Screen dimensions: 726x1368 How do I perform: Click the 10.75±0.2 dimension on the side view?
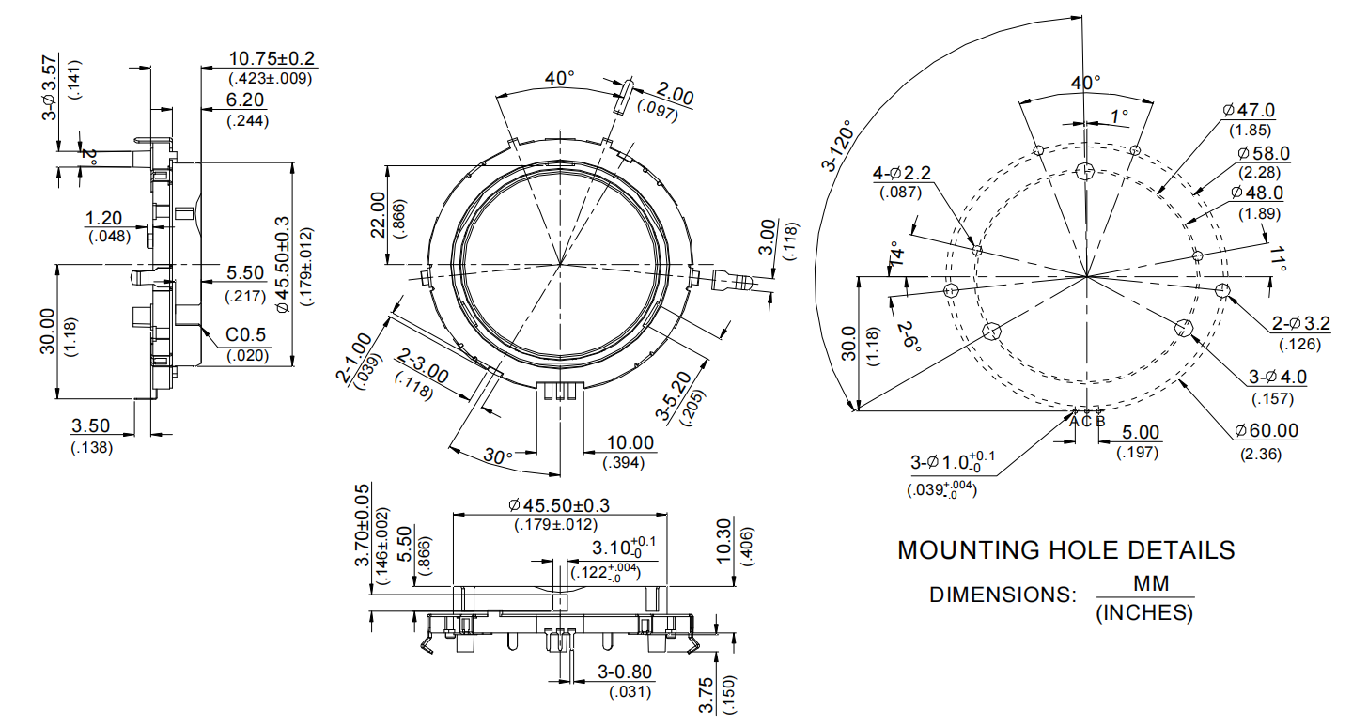(x=272, y=59)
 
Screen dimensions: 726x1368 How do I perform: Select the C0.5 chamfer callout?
(x=247, y=335)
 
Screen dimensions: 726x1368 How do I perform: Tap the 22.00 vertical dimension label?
(x=378, y=215)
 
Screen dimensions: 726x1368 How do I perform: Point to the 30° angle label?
(x=498, y=456)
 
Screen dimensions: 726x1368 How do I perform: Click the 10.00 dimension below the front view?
(x=629, y=442)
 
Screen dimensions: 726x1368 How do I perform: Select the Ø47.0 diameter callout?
(x=1249, y=111)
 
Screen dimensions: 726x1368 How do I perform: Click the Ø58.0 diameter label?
(x=1264, y=153)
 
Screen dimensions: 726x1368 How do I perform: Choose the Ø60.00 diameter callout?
(x=1267, y=431)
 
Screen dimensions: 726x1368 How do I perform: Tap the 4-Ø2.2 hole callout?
(x=901, y=173)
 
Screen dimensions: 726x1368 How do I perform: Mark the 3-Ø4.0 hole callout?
(x=1277, y=378)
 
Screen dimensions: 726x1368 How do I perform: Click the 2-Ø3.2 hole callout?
(x=1301, y=324)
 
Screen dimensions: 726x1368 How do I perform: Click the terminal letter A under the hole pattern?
(x=1075, y=422)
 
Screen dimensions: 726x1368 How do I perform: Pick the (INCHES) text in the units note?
(x=1144, y=614)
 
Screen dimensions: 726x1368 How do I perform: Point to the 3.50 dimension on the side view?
(x=91, y=426)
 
